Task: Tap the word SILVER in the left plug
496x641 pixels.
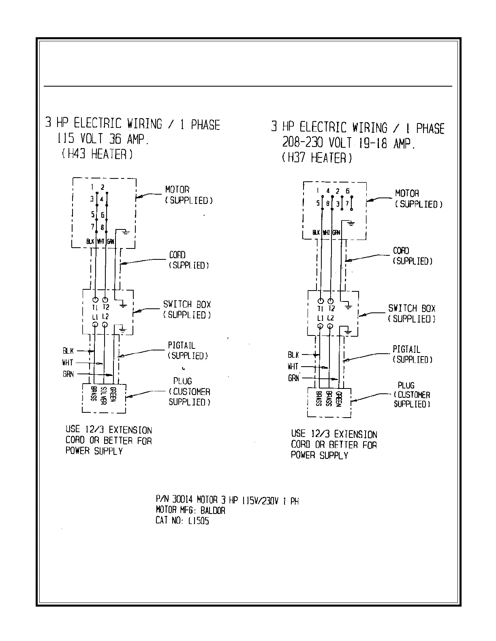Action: coord(103,395)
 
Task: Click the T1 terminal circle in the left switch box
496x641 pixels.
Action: coord(95,300)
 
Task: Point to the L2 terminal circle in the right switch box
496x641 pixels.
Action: coord(330,326)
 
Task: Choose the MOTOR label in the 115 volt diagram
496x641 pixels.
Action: coord(177,190)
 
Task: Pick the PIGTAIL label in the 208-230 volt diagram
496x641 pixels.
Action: coord(406,349)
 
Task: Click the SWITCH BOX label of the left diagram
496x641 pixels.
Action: coord(187,304)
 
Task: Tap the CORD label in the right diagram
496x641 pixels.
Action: coord(401,251)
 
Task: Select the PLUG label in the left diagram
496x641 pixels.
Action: coord(183,381)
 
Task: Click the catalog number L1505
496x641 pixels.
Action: coord(199,521)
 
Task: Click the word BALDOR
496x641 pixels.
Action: coord(213,510)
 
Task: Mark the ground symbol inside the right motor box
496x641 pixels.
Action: coord(351,223)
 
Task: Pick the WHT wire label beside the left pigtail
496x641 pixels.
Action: coord(68,363)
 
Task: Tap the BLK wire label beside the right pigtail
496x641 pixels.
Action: coord(293,355)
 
